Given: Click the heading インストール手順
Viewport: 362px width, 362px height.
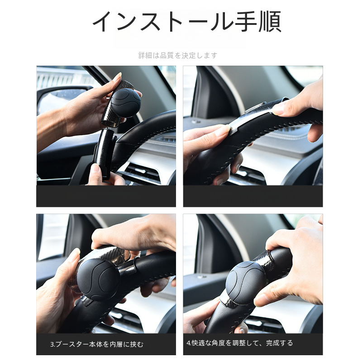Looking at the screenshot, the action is pos(187,21).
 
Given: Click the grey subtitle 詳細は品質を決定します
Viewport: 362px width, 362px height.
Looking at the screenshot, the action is pos(178,55).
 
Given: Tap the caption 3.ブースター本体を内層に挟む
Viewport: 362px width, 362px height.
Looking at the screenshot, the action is pos(97,344).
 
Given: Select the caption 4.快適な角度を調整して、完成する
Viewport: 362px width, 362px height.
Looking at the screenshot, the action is pos(240,343).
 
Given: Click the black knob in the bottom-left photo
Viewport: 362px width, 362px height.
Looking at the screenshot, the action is pos(98,279).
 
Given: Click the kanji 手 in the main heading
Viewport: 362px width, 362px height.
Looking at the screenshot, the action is pos(246,21).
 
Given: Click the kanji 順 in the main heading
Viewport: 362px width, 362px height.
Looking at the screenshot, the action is pos(270,21).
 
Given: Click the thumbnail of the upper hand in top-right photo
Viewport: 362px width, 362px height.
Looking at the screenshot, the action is pos(278,110).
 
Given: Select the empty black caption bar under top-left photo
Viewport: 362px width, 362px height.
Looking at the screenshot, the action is pos(106,196).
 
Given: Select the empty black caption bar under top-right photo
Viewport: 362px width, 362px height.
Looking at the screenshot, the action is pos(253,196).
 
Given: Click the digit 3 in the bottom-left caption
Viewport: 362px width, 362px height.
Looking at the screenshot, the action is pos(52,345).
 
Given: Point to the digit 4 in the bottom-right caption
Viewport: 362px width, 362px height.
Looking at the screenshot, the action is pos(188,343).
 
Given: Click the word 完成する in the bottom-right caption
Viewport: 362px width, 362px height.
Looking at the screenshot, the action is pos(279,343).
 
